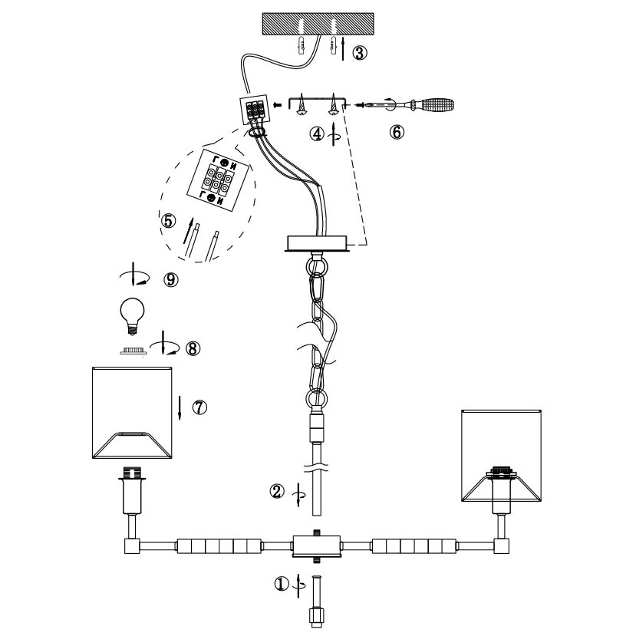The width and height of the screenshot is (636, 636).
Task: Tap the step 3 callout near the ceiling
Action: tap(359, 53)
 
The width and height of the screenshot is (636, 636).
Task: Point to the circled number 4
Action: tap(316, 133)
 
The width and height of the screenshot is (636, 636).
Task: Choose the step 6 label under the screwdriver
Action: tap(396, 132)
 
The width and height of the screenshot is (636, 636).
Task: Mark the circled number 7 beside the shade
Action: tap(199, 407)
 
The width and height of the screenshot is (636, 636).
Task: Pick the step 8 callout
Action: tap(192, 348)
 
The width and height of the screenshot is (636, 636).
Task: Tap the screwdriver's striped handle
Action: tap(433, 104)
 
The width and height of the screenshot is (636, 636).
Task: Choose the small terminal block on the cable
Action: tap(255, 112)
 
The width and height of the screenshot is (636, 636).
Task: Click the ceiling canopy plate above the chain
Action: tap(318, 243)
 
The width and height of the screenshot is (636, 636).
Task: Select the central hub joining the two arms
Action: tap(318, 546)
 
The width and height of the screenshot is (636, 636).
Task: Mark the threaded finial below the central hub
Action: tap(317, 605)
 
